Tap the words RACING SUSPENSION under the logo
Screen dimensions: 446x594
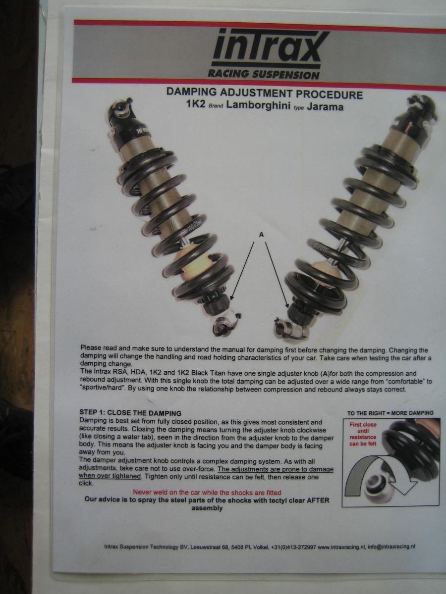pyautogui.click(x=264, y=74)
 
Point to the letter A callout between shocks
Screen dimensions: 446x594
pyautogui.click(x=261, y=235)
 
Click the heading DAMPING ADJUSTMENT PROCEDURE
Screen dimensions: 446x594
pyautogui.click(x=264, y=94)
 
